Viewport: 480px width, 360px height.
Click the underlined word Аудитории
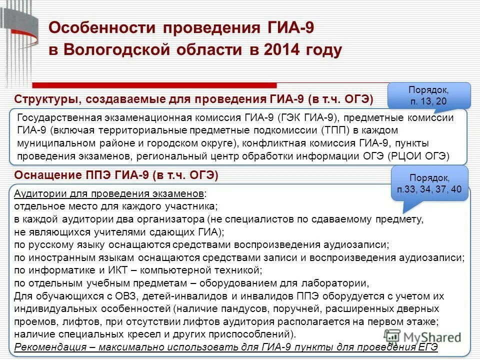(x=37, y=193)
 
